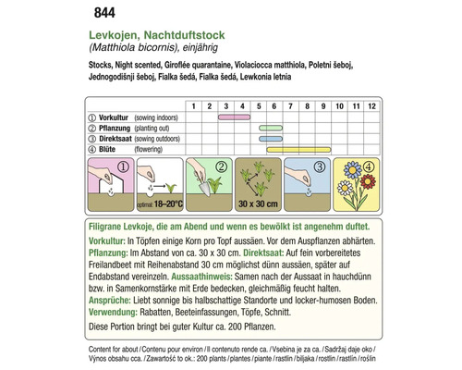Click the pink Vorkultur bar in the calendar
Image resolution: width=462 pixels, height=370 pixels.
[235, 118]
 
